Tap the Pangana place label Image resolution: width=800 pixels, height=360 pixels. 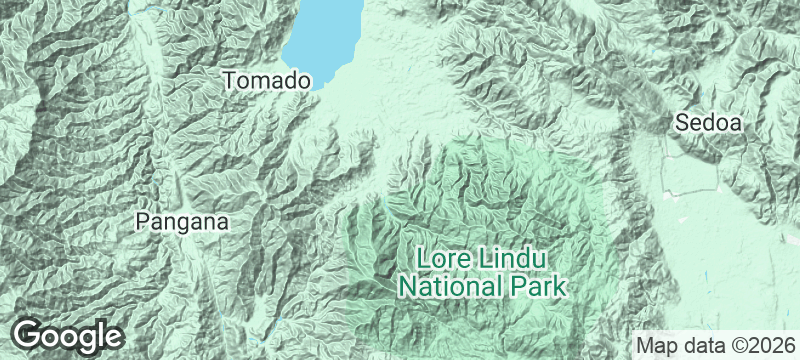pos(183,222)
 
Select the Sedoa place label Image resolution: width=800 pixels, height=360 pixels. pos(708,124)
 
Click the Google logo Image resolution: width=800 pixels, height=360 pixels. pos(68,335)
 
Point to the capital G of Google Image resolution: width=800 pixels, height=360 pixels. pos(29,334)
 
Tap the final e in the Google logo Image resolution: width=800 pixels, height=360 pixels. pos(112,336)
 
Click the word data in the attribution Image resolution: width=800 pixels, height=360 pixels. pos(702,345)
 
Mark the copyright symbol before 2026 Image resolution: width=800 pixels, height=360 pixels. pos(737,345)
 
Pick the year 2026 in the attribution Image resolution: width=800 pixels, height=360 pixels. pos(769,345)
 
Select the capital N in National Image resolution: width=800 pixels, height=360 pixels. pos(407,287)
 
